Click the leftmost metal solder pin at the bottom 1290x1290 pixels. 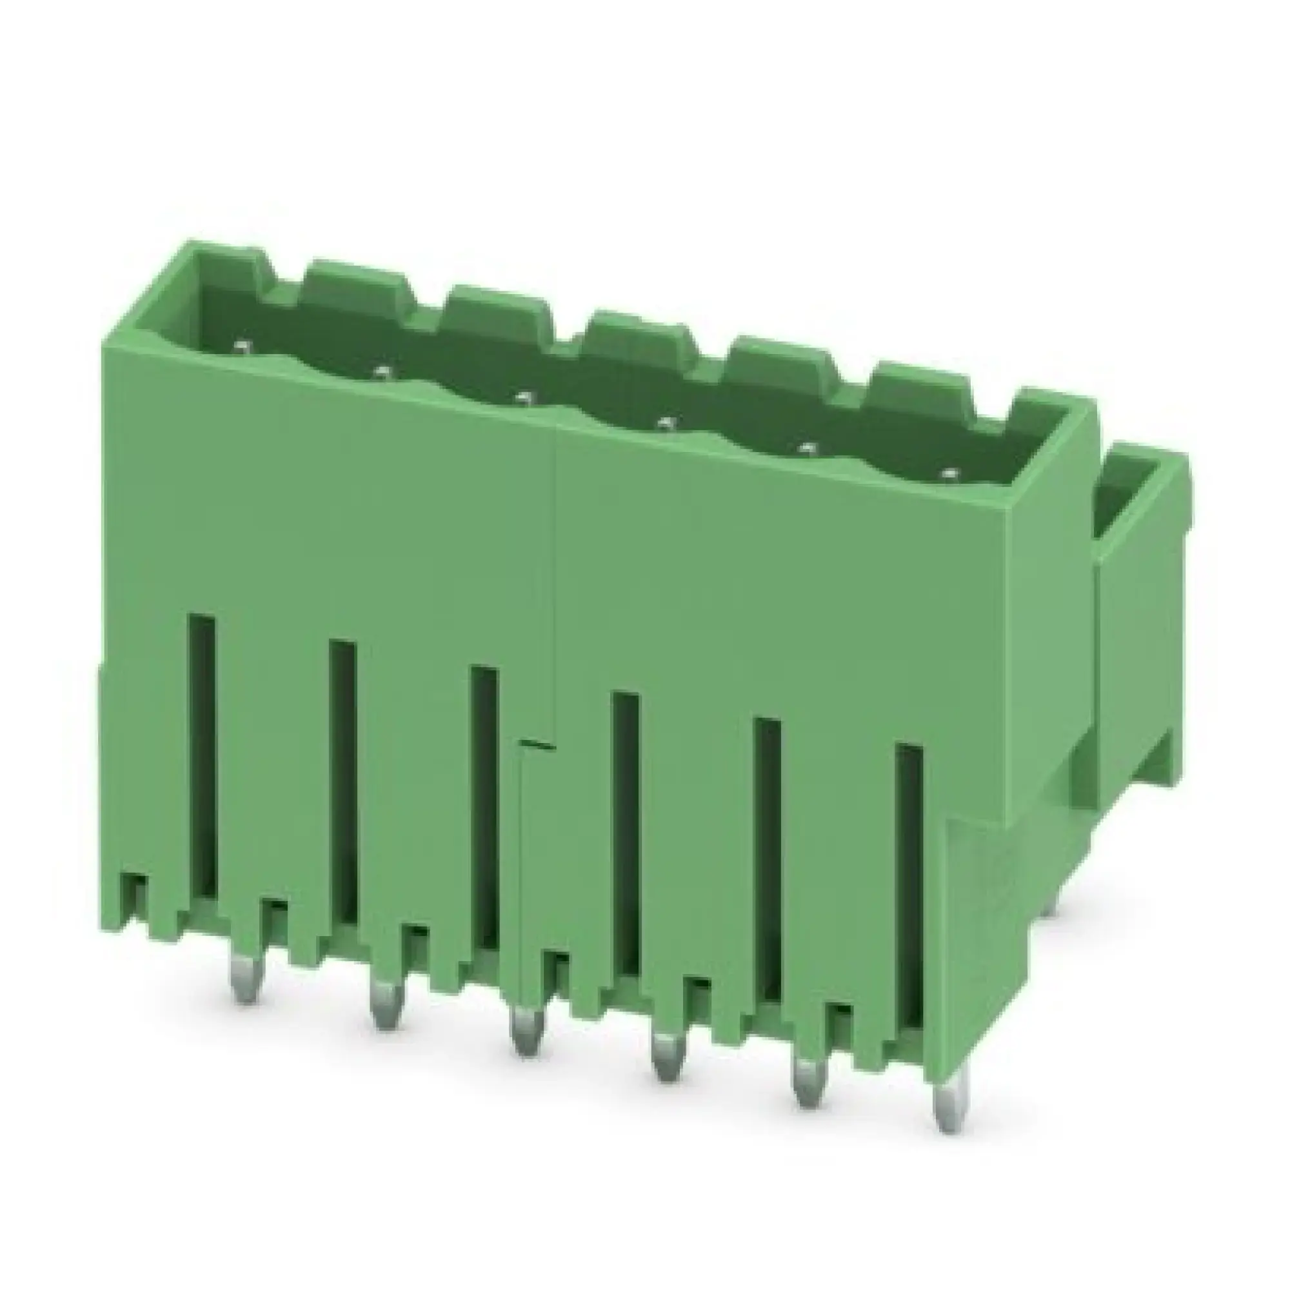click(x=245, y=993)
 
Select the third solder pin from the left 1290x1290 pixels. click(x=526, y=1047)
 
